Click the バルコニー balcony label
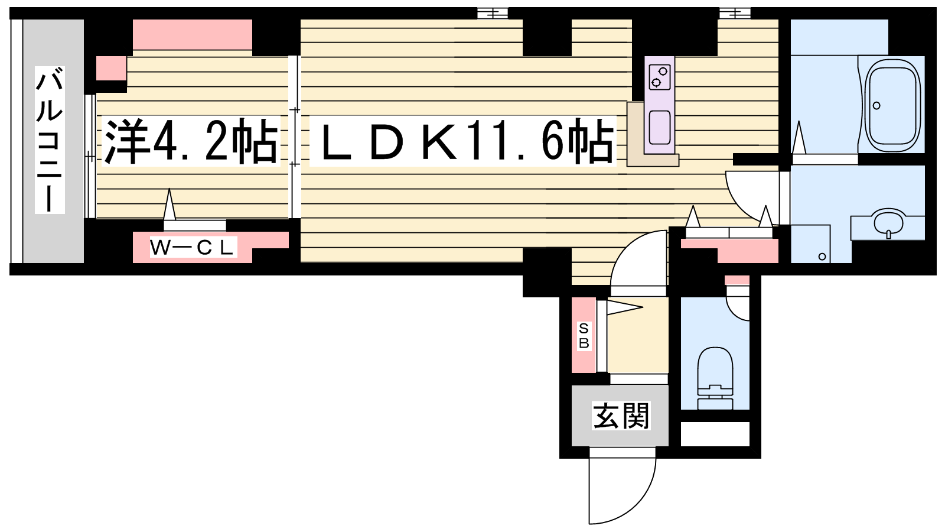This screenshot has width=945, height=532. [x=50, y=140]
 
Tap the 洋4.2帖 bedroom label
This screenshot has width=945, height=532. [x=191, y=141]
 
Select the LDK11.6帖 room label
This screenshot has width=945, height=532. [x=463, y=141]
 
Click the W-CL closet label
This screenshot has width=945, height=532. [x=193, y=248]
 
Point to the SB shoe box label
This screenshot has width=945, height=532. [x=584, y=336]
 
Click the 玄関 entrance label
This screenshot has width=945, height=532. [x=621, y=416]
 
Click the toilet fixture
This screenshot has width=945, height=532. [x=715, y=378]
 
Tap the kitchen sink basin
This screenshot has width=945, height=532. [x=659, y=127]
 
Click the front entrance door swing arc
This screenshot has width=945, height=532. [x=623, y=486]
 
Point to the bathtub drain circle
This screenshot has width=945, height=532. [x=876, y=106]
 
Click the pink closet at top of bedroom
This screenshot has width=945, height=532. [x=193, y=35]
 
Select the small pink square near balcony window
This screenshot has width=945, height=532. [x=112, y=68]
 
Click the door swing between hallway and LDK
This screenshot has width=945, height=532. [x=638, y=262]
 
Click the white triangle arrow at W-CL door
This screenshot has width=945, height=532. [x=170, y=205]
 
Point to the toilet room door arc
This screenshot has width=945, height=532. [x=738, y=302]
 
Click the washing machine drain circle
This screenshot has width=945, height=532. [x=822, y=257]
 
